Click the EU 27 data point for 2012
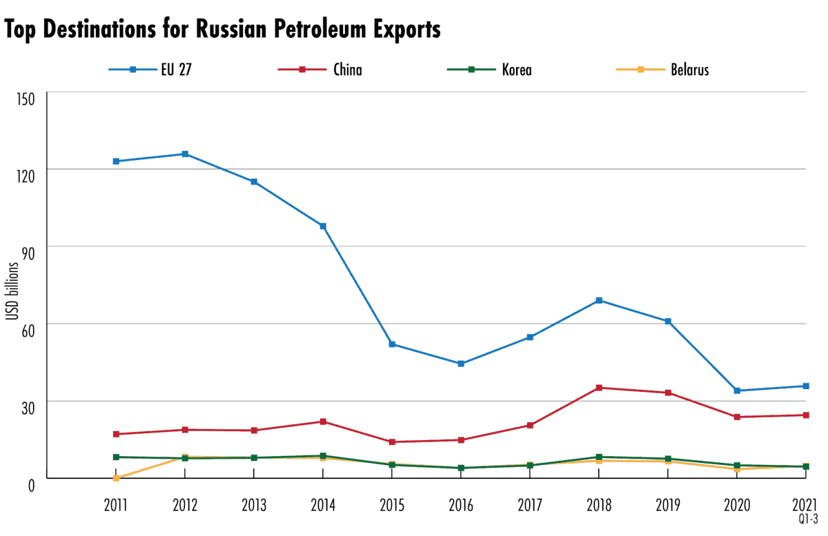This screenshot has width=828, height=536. pos(185,154)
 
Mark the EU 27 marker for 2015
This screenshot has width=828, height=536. pos(392,344)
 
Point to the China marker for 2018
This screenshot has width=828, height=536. pos(599,388)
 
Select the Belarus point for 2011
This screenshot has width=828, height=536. pos(116,478)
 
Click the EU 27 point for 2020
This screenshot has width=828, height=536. pos(737,390)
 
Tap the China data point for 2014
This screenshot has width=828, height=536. pos(323,421)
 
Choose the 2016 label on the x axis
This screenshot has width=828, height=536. pos(461,505)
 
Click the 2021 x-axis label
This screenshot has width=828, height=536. pos(805,505)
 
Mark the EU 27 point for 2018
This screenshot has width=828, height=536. pos(599,300)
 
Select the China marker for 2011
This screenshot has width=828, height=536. pos(116,434)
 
